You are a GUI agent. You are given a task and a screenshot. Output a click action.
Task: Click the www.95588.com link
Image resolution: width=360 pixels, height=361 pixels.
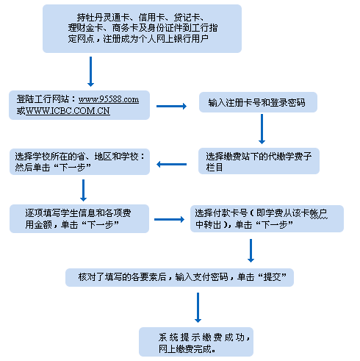pos(109,99)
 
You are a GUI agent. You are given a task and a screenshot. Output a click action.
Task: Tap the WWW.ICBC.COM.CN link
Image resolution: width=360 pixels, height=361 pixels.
pos(68,111)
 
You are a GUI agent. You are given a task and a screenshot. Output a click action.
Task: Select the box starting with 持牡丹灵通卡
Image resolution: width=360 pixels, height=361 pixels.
pos(142,29)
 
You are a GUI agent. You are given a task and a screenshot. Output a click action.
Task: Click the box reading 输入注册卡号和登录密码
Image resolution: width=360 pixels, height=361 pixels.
pos(258,102)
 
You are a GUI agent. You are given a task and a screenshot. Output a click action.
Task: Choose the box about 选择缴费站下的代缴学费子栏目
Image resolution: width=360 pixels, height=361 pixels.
pos(259,161)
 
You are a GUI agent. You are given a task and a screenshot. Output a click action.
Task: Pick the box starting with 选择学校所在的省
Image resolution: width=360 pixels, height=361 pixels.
pos(79,162)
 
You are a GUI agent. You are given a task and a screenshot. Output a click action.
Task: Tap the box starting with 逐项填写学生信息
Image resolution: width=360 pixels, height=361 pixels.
pos(79,218)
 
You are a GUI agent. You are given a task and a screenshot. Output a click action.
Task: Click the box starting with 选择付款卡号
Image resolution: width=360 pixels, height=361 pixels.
pos(267,218)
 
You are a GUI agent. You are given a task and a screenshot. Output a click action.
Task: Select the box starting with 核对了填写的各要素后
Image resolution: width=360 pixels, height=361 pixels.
pos(179,277)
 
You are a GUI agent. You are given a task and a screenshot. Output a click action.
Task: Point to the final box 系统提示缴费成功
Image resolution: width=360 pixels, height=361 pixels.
pos(196,342)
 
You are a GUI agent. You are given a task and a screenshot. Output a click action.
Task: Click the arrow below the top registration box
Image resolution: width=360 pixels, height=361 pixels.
pos(90,71)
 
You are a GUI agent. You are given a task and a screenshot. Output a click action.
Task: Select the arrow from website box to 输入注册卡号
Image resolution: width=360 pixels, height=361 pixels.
pos(171,106)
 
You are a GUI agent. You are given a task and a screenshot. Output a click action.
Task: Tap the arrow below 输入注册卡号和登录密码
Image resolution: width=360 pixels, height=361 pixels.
pos(262,129)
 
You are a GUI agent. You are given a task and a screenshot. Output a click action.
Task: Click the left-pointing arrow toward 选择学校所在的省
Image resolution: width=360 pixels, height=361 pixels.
pos(171,164)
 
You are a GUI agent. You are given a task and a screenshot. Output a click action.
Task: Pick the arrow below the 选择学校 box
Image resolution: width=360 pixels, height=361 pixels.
pos(83,190)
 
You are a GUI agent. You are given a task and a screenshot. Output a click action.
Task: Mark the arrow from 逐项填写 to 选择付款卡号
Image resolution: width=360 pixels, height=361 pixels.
pos(169,219)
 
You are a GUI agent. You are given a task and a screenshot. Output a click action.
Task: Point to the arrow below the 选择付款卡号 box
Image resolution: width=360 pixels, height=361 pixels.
pos(251,251)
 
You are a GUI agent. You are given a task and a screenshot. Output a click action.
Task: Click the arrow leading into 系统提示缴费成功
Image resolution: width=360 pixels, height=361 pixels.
pos(198,307)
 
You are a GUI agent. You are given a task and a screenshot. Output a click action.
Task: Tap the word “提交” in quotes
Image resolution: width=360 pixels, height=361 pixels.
pos(272,277)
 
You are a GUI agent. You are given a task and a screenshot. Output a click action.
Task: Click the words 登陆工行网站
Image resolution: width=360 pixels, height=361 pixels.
pos(43,99)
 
